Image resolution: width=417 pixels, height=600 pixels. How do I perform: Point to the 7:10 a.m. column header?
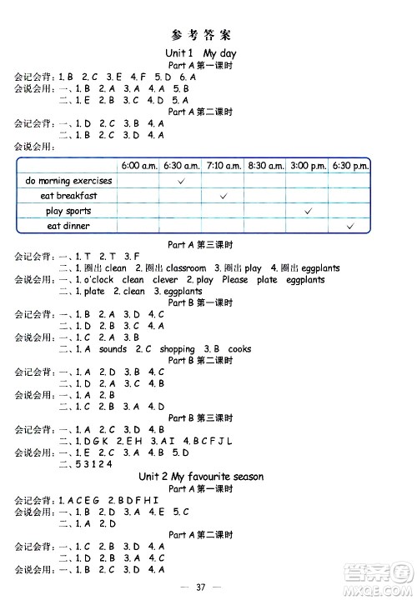click(x=224, y=166)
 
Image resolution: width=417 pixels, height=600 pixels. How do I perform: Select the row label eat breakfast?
click(x=68, y=196)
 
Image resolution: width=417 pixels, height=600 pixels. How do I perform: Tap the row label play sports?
click(x=68, y=211)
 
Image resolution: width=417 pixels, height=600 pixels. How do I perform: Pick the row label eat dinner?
click(x=68, y=226)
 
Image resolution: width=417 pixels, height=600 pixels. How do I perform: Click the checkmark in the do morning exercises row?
click(x=182, y=181)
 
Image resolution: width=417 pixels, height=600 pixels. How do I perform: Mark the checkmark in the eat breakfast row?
click(x=224, y=196)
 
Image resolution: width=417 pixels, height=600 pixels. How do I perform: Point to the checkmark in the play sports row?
click(x=309, y=211)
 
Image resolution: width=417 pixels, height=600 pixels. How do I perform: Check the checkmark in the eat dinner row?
click(x=350, y=226)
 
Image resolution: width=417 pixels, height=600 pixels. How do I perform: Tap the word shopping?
click(x=177, y=349)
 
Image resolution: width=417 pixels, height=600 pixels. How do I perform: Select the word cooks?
click(x=239, y=349)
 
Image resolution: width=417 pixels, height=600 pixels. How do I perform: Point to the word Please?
click(x=234, y=280)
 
